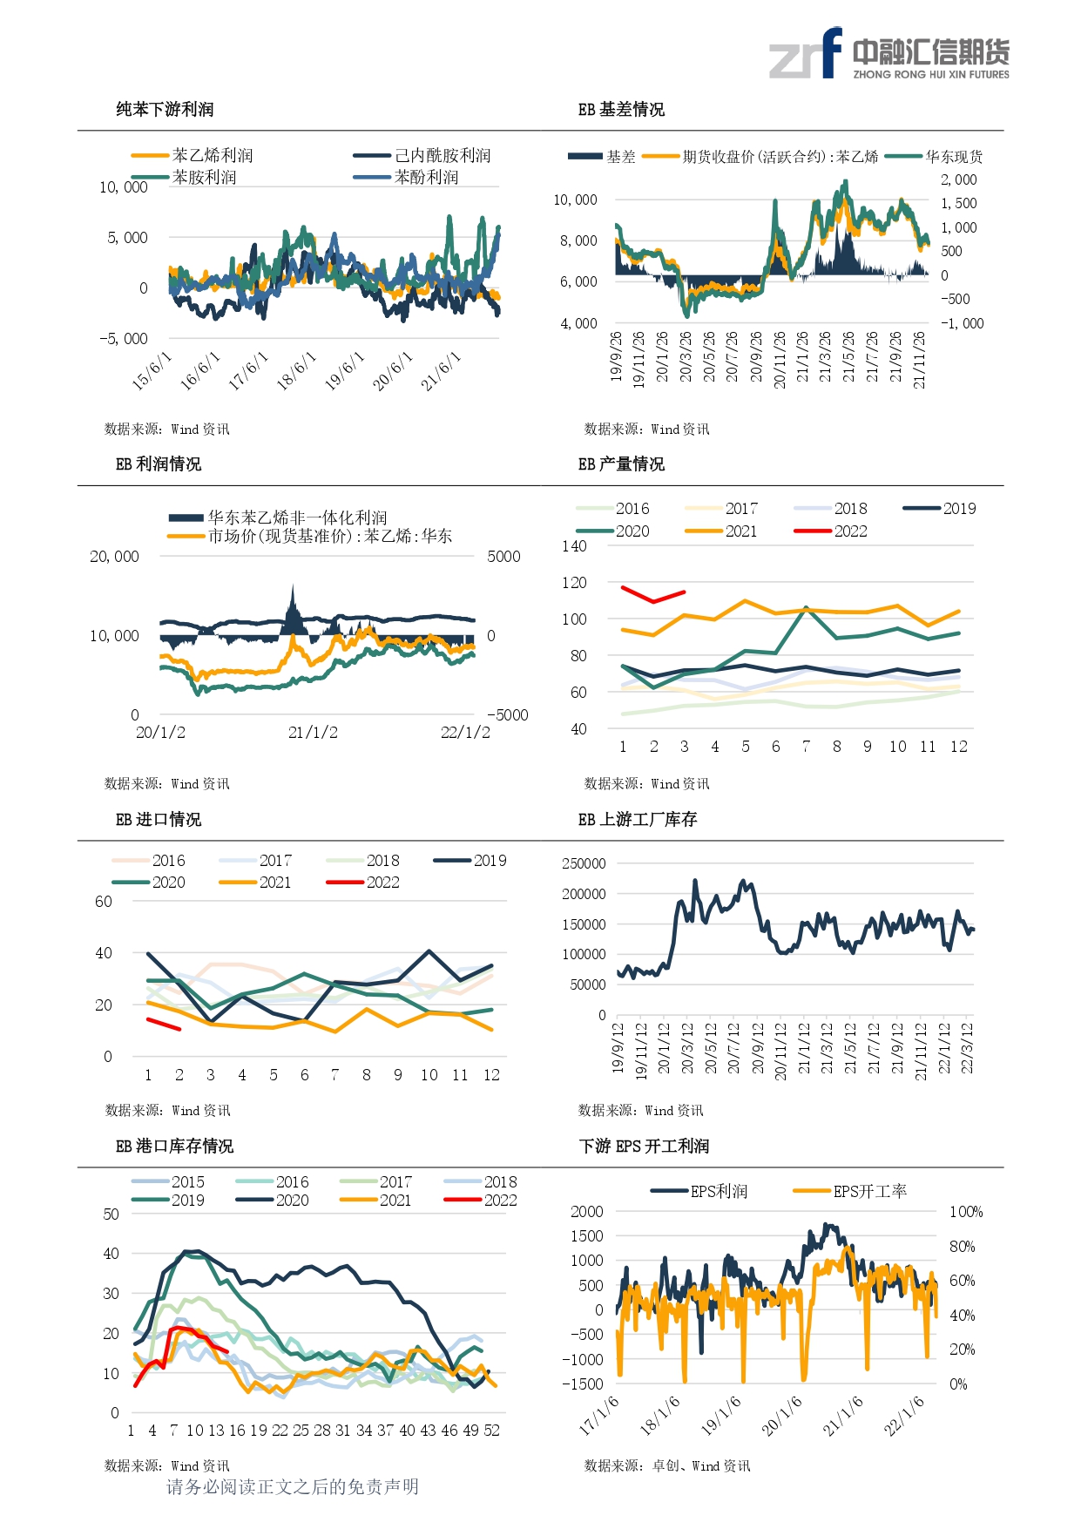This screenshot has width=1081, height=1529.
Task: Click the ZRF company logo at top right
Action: tap(889, 53)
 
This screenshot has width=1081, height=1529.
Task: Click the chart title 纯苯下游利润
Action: tap(165, 110)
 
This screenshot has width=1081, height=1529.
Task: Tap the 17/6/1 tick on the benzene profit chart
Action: tap(248, 371)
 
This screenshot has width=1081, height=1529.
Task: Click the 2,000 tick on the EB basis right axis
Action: tap(958, 180)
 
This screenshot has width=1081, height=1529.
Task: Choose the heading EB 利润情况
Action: tap(159, 464)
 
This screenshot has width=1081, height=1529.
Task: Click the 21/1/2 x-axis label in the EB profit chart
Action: tap(313, 733)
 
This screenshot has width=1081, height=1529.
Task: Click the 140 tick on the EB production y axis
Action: tap(574, 546)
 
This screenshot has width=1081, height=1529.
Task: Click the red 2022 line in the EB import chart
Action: tap(164, 1025)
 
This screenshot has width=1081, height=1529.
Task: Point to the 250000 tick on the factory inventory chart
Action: tap(584, 863)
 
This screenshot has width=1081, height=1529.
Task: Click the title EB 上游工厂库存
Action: tap(638, 820)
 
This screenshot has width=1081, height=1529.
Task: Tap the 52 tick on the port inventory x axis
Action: tap(492, 1431)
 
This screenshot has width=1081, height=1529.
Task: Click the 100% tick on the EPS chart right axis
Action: tap(966, 1212)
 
